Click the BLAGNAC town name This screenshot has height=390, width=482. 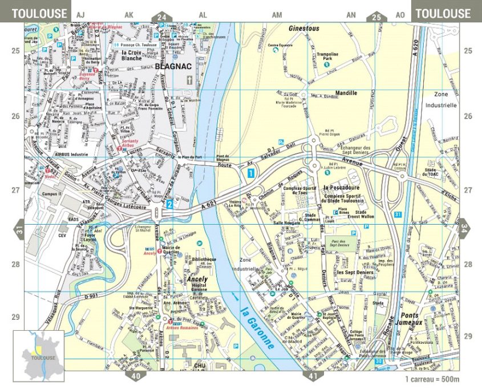pos(171,66)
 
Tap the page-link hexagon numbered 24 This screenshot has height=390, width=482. pos(162,17)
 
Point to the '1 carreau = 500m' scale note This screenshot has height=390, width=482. pos(432,379)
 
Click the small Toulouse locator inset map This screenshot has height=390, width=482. pos(38,355)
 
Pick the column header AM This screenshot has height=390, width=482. pos(277,14)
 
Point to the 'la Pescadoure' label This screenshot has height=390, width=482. pos(342,187)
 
